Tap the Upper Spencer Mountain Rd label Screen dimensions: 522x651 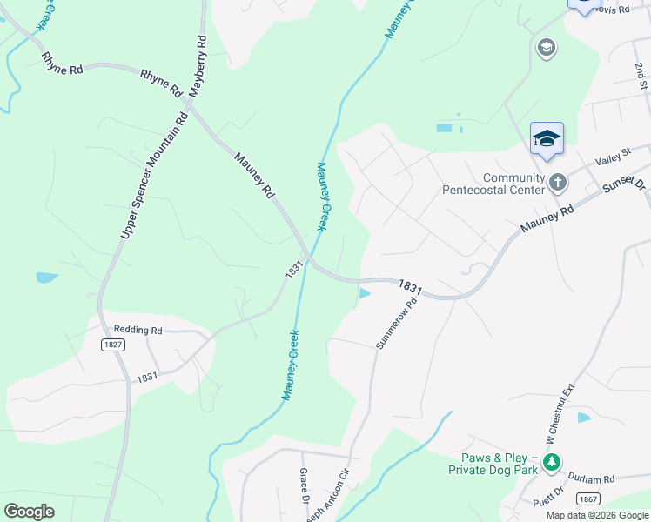[x=152, y=175]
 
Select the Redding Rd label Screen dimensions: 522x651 [x=138, y=331]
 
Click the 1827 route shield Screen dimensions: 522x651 [x=112, y=345]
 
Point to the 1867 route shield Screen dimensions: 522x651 [x=588, y=499]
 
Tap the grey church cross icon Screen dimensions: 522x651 [x=558, y=182]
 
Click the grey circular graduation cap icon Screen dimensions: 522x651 [x=547, y=47]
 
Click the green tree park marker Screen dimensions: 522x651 [x=551, y=463]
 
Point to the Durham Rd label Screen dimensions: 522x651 [x=591, y=478]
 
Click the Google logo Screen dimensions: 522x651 [x=30, y=512]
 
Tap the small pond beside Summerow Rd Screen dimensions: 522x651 [x=365, y=294]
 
